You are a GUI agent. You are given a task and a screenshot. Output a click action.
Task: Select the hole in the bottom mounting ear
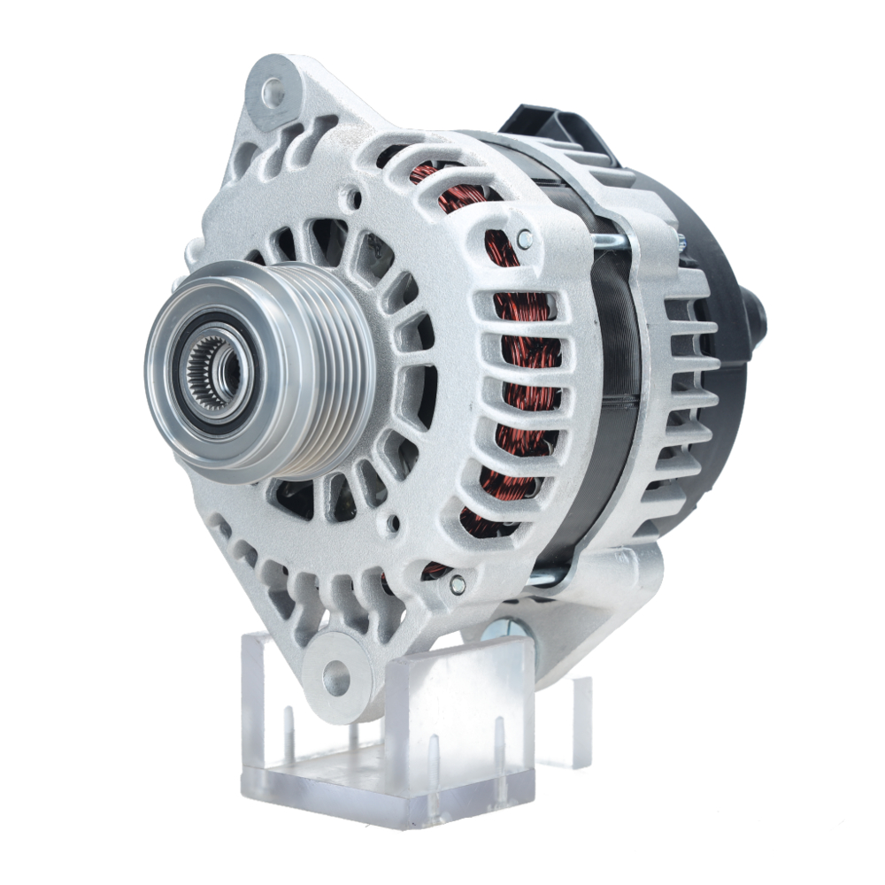point(336,678)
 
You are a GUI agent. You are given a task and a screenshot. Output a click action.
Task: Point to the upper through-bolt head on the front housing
point(525,237)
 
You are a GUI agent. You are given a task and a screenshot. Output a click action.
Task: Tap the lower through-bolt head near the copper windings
point(457,583)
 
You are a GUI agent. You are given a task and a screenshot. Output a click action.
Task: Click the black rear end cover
point(717,265)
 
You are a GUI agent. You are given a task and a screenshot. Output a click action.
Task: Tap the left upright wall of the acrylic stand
point(261,699)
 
